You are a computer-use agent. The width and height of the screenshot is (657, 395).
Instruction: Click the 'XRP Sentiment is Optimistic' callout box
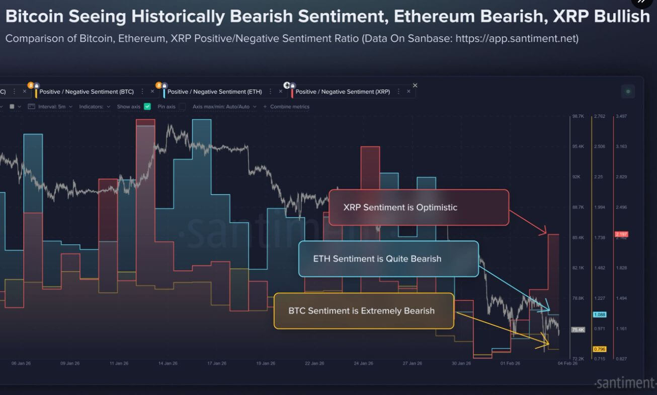click(419, 207)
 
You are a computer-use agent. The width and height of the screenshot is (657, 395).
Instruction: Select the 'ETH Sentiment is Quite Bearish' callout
click(388, 259)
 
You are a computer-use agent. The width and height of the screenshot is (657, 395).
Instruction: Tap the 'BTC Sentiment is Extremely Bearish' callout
click(363, 311)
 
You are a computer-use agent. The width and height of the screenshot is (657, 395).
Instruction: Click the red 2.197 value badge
click(622, 234)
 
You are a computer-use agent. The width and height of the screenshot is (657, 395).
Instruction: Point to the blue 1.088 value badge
click(600, 314)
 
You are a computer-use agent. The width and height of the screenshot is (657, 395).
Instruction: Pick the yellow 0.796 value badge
click(600, 349)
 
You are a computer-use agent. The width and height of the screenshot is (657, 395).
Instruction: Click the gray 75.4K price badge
click(578, 330)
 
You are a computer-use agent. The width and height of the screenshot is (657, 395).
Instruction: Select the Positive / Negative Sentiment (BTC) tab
click(87, 92)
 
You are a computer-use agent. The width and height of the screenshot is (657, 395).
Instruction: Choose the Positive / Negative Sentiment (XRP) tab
click(343, 92)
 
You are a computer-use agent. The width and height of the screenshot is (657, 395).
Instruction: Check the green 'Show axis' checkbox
click(147, 107)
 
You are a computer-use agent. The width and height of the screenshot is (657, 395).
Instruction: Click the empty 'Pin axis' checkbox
click(182, 107)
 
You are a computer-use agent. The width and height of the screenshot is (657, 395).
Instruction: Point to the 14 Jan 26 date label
click(168, 363)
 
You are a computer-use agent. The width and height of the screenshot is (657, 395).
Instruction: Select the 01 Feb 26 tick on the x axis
click(510, 363)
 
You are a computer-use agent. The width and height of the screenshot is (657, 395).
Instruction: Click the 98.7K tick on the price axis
click(578, 116)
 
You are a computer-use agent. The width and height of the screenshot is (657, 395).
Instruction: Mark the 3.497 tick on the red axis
click(622, 116)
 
